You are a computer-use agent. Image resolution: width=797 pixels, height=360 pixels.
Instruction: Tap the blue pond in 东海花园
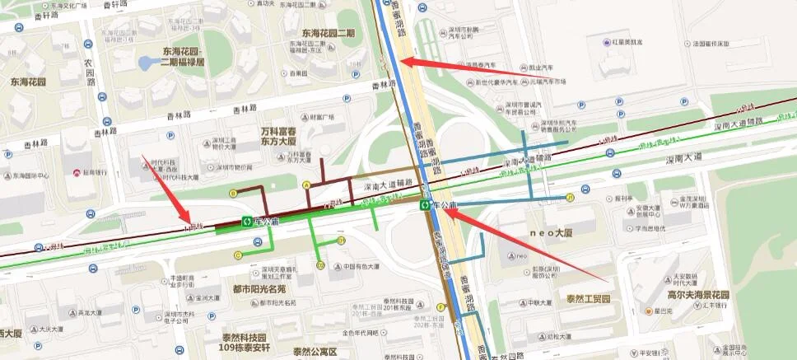(x=146, y=63)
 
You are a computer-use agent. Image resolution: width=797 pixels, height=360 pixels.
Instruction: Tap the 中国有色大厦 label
(x=361, y=266)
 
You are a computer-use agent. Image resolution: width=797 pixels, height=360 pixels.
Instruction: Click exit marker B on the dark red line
(x=233, y=194)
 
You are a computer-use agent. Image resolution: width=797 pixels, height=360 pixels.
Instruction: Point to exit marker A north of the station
(x=307, y=185)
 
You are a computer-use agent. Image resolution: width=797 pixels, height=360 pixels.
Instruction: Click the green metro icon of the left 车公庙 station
(x=246, y=222)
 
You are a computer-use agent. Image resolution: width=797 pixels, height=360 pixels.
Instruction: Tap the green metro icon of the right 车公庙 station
(x=425, y=204)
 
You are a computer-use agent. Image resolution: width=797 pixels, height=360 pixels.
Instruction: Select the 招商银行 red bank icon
(x=77, y=173)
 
